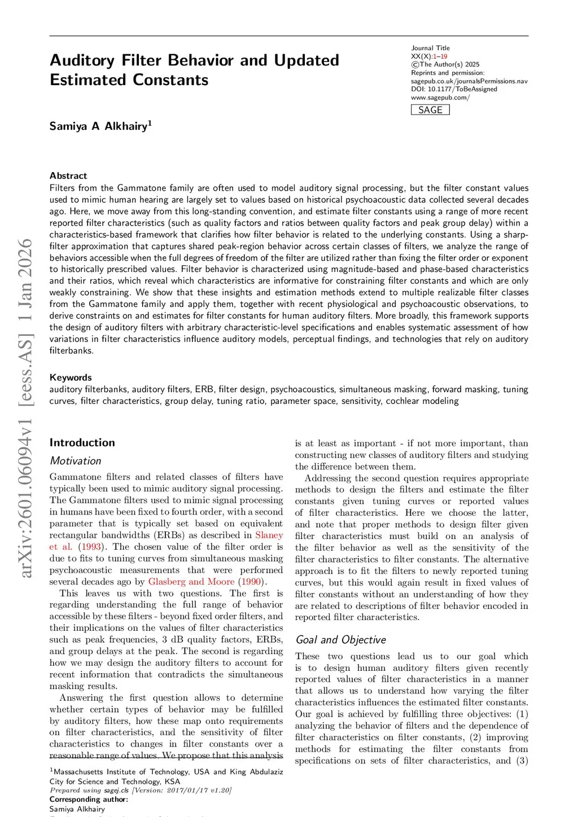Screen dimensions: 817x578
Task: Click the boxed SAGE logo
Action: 430,110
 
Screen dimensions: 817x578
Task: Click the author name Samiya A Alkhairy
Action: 99,126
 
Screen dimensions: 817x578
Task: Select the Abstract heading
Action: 68,175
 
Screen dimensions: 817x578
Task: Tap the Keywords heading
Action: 71,377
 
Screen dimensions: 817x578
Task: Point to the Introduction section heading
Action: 82,443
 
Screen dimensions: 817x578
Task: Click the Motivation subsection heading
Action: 75,461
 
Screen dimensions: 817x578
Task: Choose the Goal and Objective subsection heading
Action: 341,640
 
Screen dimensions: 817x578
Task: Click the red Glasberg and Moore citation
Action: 191,582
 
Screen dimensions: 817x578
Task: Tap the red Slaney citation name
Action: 269,535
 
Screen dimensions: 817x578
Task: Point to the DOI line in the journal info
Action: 454,89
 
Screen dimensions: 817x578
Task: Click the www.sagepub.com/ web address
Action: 440,98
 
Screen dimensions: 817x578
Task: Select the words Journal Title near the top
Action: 430,48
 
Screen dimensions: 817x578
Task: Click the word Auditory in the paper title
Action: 82,60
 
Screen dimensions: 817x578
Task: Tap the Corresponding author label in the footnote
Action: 89,799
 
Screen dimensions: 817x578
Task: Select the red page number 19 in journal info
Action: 444,56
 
